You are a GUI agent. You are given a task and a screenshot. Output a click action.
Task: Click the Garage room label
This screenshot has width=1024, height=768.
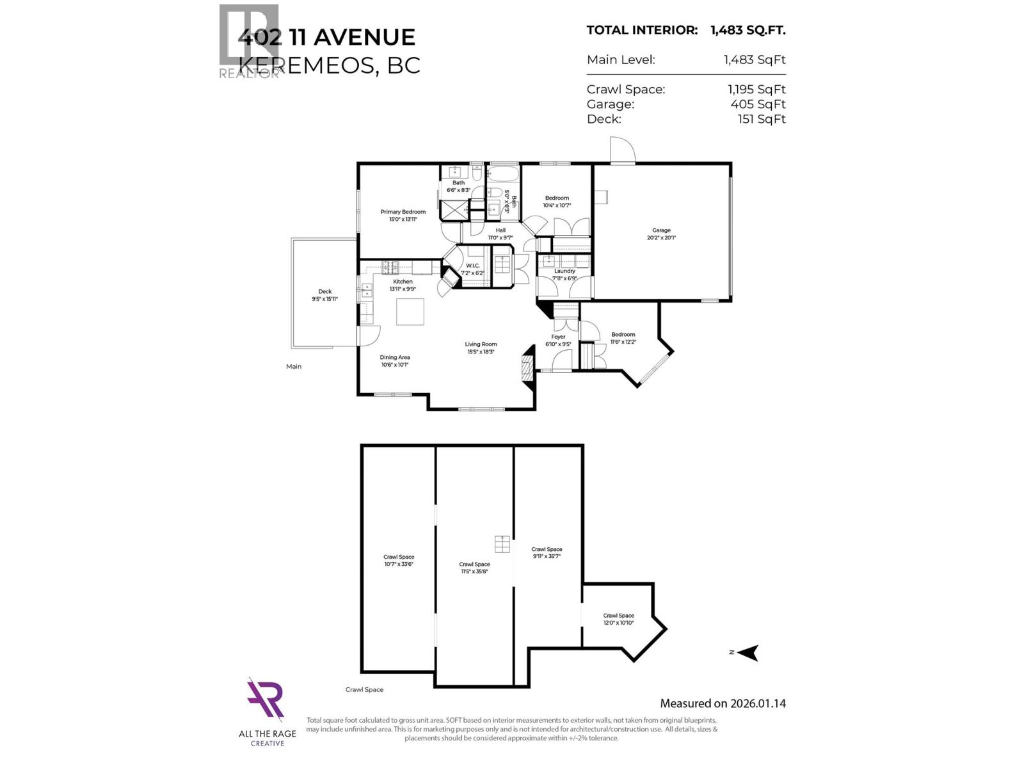[661, 234]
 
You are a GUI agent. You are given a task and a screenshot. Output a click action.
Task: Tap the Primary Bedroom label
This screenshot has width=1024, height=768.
[403, 215]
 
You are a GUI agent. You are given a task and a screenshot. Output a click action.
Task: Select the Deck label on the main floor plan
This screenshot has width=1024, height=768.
[324, 295]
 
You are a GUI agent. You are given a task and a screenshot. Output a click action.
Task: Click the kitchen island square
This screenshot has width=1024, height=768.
[410, 312]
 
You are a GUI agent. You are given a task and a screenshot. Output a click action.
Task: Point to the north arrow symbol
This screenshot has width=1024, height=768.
[747, 652]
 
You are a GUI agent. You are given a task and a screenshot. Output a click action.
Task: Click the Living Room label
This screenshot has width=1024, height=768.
[481, 348]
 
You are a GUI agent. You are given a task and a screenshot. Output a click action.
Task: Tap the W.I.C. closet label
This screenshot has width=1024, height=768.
[472, 269]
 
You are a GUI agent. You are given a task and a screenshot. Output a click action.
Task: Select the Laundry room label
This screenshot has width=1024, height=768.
[564, 275]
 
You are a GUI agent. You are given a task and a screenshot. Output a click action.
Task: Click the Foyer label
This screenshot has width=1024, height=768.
[558, 340]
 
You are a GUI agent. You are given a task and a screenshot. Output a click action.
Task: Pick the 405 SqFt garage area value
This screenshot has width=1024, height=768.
[758, 104]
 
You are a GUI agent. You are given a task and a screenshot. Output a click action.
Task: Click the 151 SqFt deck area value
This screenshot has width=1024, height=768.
[761, 118]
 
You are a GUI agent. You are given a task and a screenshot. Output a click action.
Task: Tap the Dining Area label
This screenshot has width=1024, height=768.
[394, 361]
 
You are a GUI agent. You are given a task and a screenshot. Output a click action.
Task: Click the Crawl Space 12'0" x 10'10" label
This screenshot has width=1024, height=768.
[618, 619]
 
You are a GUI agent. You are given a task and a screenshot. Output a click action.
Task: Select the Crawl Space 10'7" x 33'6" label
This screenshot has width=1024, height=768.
[399, 560]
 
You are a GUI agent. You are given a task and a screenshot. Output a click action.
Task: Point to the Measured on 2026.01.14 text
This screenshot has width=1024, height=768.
[723, 703]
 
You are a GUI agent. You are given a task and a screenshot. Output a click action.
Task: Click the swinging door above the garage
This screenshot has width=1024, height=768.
[621, 151]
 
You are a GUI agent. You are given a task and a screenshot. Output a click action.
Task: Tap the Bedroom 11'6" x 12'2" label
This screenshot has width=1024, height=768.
[623, 338]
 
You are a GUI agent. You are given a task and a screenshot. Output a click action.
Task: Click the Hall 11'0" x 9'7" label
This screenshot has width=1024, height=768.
[500, 234]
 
